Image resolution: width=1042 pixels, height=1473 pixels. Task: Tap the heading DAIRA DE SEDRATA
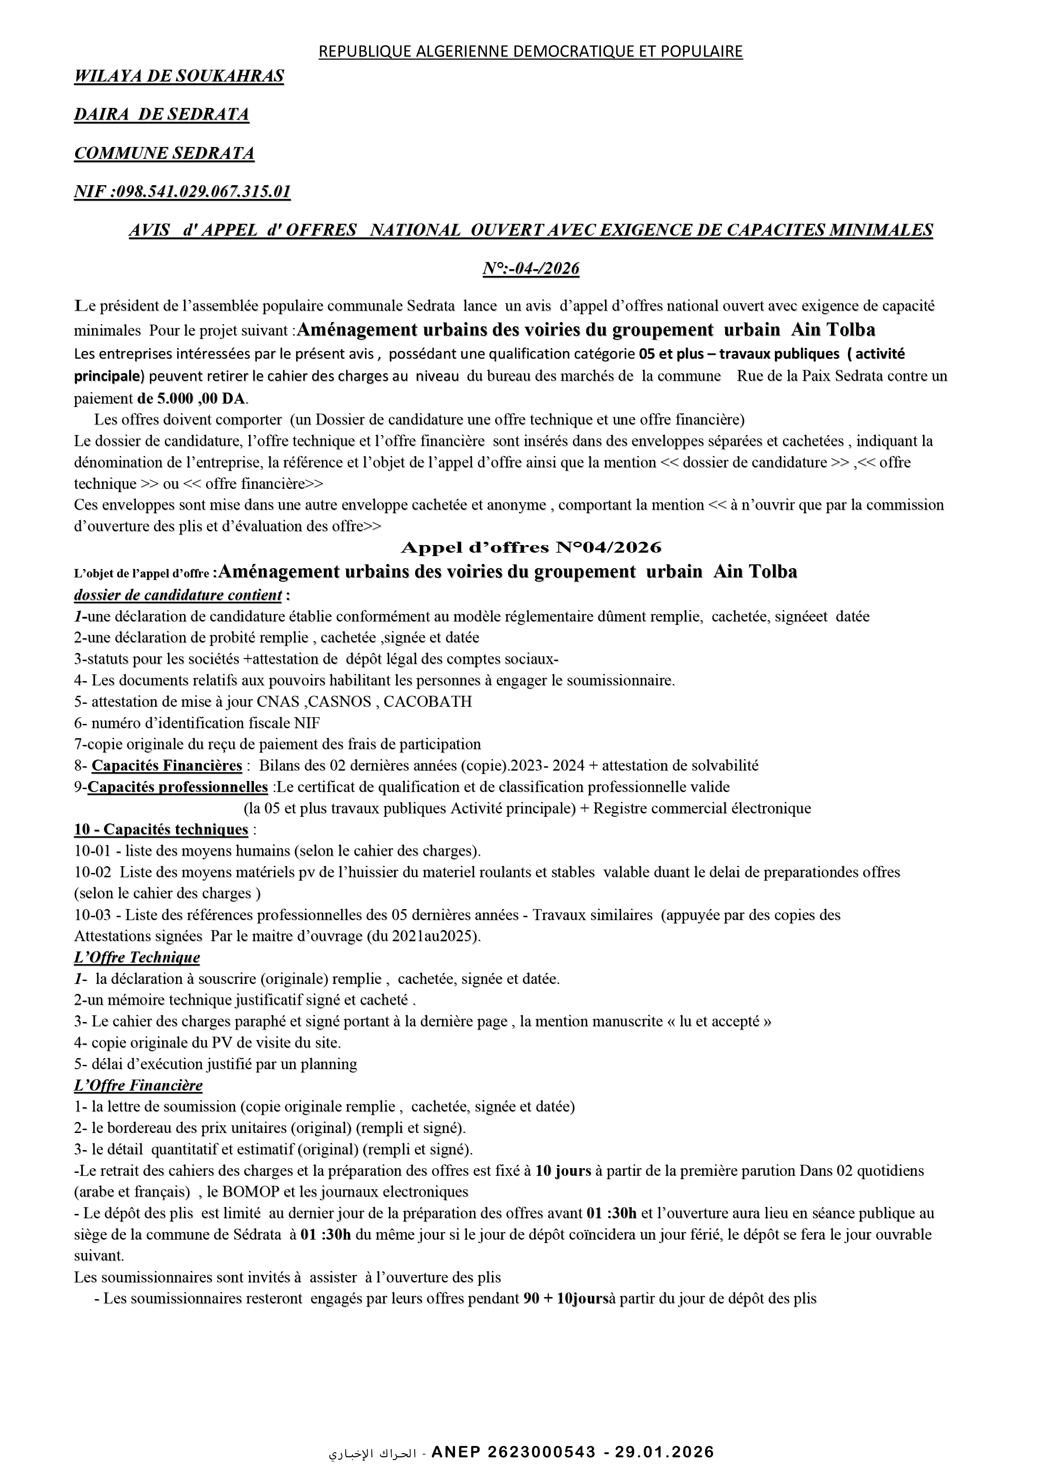[x=162, y=115]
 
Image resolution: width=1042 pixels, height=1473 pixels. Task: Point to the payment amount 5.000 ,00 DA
[x=201, y=398]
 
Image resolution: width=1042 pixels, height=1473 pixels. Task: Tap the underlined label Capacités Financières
[x=167, y=765]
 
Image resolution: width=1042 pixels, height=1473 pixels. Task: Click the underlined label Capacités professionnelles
[x=178, y=786]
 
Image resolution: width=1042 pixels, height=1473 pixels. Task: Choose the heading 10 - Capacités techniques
[x=161, y=830]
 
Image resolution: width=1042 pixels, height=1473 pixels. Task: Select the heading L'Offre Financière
[x=138, y=1085]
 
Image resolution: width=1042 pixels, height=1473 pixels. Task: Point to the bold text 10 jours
[x=563, y=1171]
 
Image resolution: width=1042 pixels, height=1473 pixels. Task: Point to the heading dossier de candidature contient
[x=178, y=595]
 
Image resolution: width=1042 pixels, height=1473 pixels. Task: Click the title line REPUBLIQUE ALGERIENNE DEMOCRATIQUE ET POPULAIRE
[x=530, y=51]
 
